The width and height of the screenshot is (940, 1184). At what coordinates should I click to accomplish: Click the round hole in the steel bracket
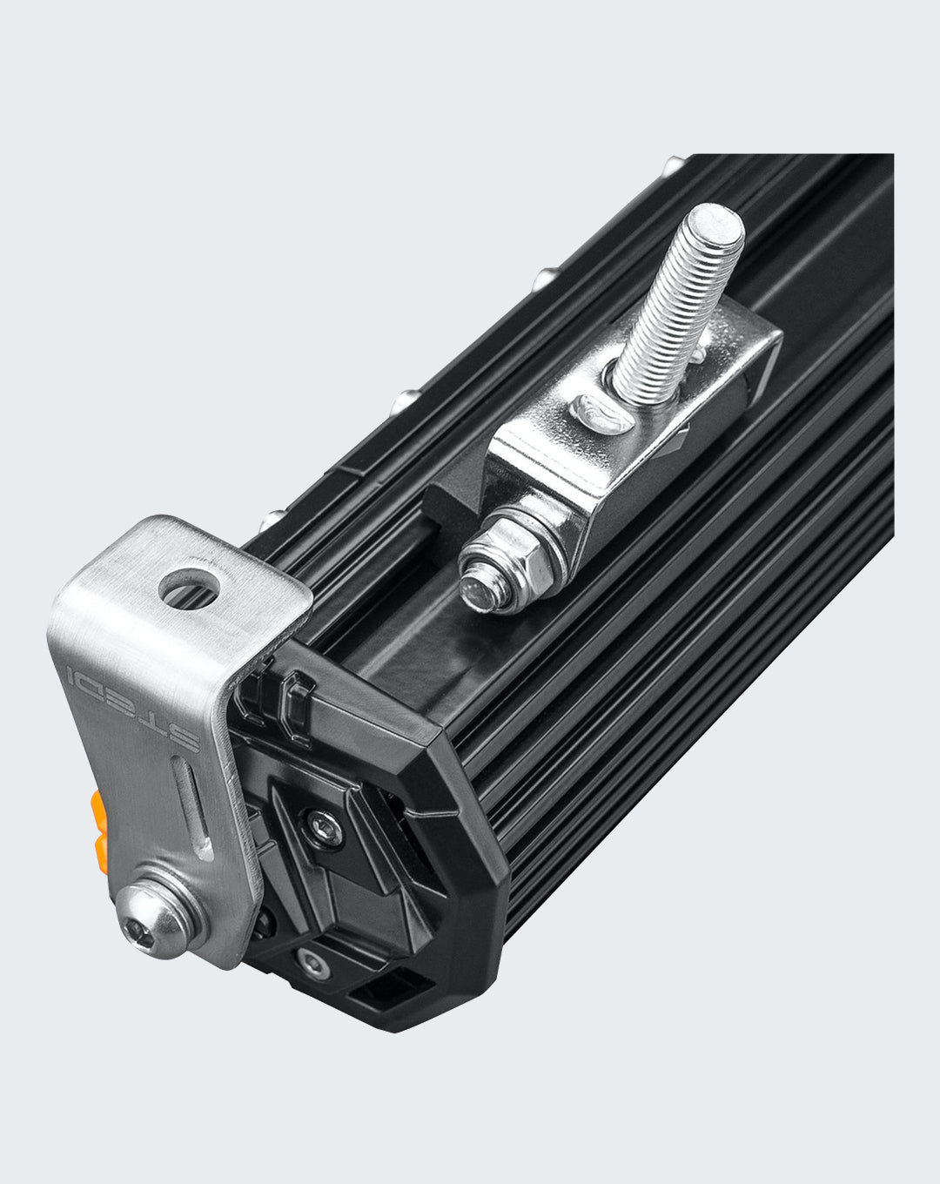click(x=189, y=589)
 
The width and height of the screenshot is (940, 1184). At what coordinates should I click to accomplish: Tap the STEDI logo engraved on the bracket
click(x=132, y=708)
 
